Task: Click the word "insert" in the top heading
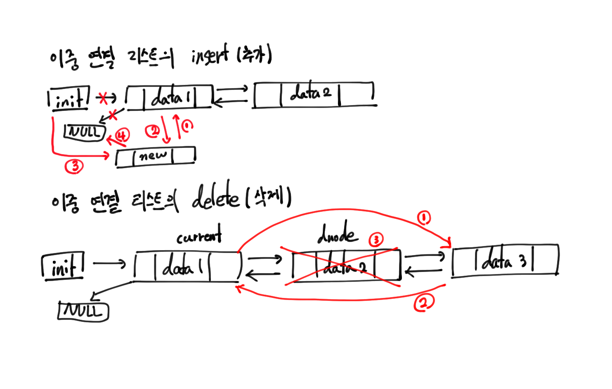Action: coord(209,56)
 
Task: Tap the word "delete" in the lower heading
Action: coord(215,197)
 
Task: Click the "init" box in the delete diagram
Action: coord(63,267)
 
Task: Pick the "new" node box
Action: coord(156,157)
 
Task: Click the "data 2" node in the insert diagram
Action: coord(314,95)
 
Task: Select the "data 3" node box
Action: coord(505,260)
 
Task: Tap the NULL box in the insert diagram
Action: coord(85,132)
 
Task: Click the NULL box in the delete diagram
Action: coord(83,312)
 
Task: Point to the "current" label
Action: coord(199,236)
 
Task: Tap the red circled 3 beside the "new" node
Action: coord(74,166)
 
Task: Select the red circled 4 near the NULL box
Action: coord(122,135)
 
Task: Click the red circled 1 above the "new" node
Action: coord(187,125)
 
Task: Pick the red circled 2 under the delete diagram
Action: coord(424,303)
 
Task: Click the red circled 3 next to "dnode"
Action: coord(376,239)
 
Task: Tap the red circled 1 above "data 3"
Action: coord(424,217)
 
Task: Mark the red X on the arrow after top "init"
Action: coord(103,98)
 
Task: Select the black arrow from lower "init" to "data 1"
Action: coord(109,263)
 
